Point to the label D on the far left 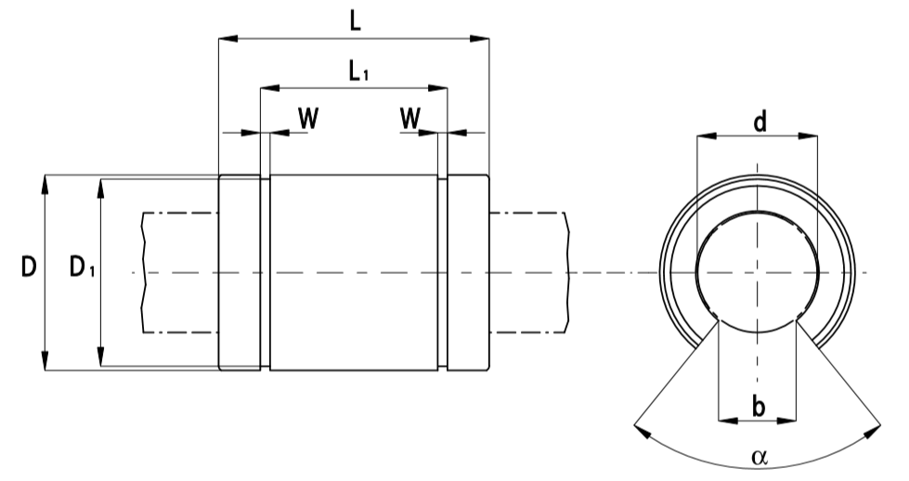tap(29, 269)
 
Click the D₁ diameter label tap(82, 269)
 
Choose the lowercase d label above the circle tap(759, 122)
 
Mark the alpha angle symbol tap(760, 457)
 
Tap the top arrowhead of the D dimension tap(45, 182)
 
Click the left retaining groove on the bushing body tap(266, 272)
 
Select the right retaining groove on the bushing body tap(442, 272)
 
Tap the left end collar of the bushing tap(239, 272)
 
